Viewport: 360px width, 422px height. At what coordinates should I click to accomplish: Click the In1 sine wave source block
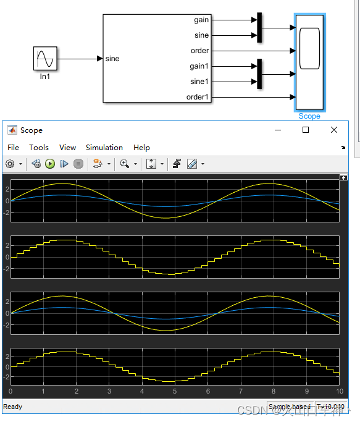[x=45, y=59]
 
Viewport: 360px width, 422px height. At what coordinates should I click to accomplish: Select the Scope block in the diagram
[x=309, y=62]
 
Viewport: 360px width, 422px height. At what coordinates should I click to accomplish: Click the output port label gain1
[x=199, y=66]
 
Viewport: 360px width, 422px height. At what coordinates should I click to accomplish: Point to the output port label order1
[x=198, y=97]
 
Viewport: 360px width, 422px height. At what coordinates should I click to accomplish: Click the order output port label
[x=200, y=51]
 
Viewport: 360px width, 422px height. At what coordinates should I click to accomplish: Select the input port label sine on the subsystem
[x=112, y=59]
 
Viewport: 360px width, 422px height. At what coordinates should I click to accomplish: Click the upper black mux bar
[x=259, y=27]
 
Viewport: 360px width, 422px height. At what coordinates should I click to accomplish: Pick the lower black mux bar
[x=259, y=74]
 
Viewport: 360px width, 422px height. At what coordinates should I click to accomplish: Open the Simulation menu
[x=104, y=147]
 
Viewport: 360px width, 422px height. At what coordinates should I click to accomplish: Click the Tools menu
[x=39, y=147]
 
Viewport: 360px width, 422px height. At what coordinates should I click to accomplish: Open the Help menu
[x=141, y=147]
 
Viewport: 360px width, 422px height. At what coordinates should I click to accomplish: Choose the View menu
[x=67, y=147]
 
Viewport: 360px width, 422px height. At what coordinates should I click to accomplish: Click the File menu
[x=14, y=147]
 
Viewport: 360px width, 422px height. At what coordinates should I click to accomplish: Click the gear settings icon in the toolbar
[x=10, y=164]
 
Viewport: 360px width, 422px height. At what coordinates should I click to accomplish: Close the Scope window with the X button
[x=334, y=130]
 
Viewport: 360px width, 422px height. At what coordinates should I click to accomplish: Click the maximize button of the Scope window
[x=305, y=130]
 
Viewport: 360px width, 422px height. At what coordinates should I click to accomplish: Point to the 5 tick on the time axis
[x=175, y=391]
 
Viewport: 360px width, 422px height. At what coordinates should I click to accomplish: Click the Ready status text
[x=13, y=407]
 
